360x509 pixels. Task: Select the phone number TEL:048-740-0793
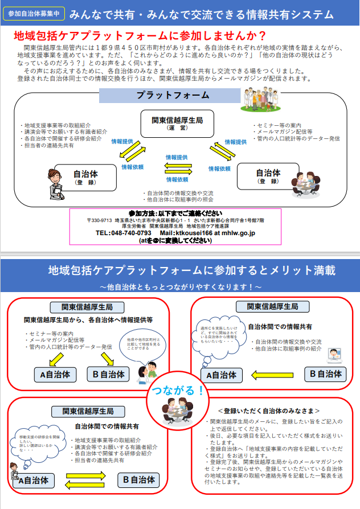tap(124, 233)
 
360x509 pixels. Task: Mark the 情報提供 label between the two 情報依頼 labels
tap(177, 157)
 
